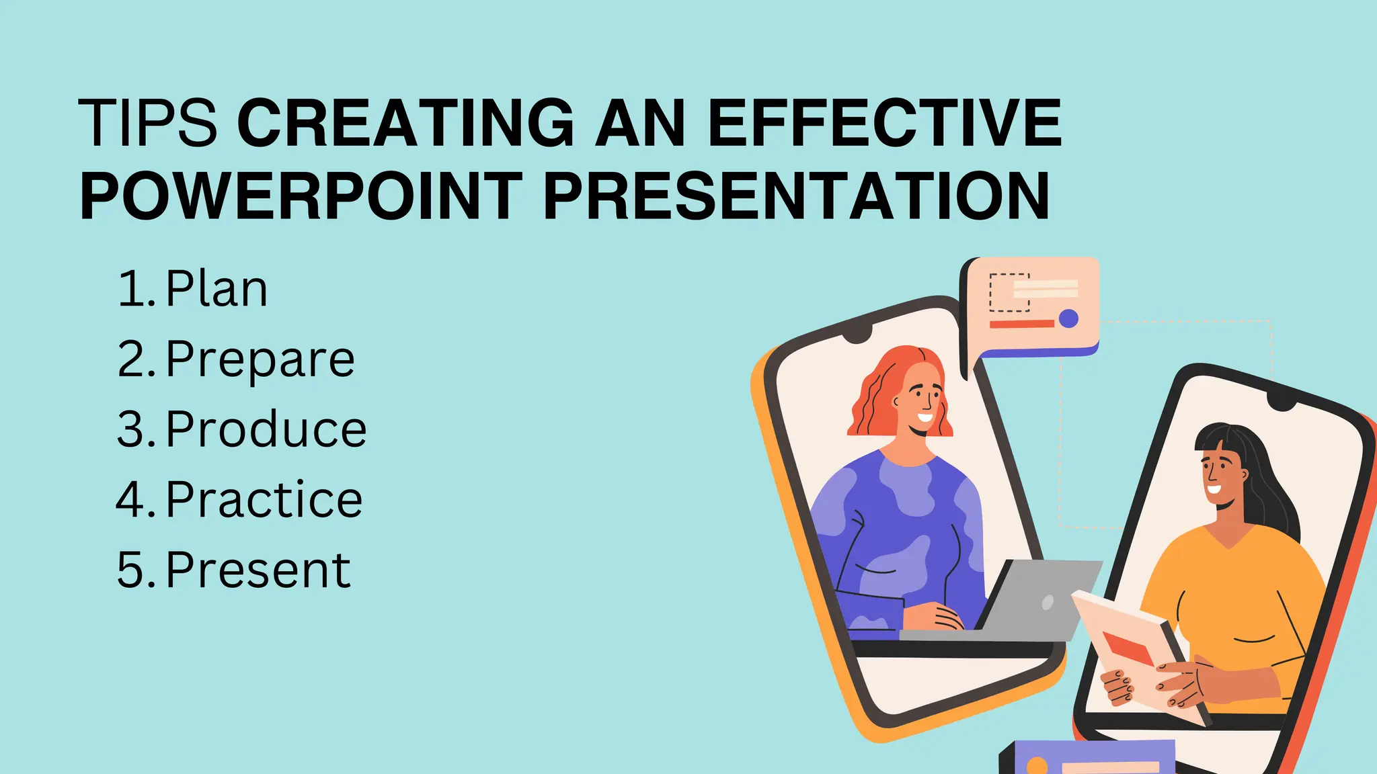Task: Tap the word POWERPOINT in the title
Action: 301,196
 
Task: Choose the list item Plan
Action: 216,290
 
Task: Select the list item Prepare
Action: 260,359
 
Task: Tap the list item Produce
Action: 266,429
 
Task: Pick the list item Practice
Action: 264,499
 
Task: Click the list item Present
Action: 258,570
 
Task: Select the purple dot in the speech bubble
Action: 1068,318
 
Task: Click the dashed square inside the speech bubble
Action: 1009,292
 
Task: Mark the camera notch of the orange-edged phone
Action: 858,335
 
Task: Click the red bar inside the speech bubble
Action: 1021,325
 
